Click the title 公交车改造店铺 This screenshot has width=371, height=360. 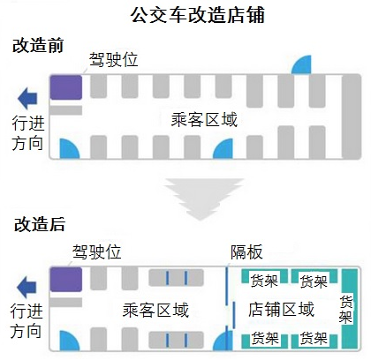click(198, 15)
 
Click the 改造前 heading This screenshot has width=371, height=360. click(38, 46)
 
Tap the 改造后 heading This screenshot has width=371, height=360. click(40, 224)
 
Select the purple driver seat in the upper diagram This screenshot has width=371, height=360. click(65, 87)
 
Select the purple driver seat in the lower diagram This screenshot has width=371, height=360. click(65, 279)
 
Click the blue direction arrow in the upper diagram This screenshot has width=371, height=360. click(27, 98)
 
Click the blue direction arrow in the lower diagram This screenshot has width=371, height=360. click(26, 287)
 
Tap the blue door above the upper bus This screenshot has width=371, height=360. click(301, 64)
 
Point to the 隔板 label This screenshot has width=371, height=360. click(246, 251)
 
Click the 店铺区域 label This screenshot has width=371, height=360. click(281, 309)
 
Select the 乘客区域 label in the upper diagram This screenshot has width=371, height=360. click(204, 120)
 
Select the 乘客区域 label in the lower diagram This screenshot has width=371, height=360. click(155, 310)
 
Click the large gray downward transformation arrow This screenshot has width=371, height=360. click(204, 199)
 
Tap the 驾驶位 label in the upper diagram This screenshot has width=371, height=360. click(113, 60)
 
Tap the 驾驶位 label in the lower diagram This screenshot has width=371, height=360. click(96, 251)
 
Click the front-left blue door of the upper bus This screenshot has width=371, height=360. click(69, 149)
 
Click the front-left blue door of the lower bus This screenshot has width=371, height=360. click(69, 341)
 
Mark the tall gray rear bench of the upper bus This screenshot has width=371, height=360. click(352, 116)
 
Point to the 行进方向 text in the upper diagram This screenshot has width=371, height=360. click(28, 133)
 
